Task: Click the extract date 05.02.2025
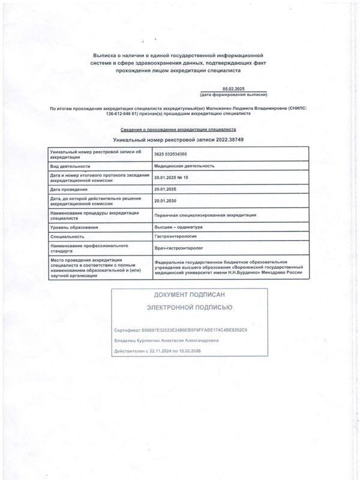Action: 233,88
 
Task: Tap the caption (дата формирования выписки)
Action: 233,95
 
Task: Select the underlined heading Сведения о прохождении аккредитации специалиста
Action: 179,129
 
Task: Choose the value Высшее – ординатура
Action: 179,227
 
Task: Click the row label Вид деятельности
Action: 71,166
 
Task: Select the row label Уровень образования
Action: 74,227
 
